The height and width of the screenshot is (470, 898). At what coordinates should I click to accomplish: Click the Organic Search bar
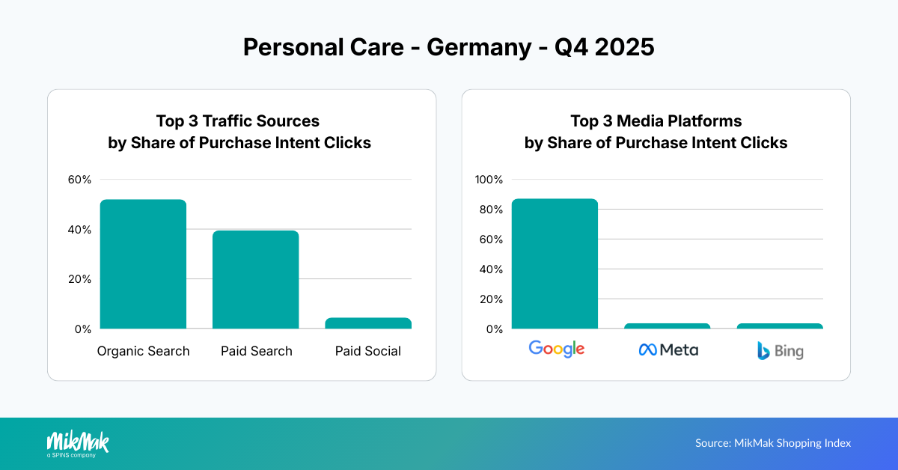(143, 264)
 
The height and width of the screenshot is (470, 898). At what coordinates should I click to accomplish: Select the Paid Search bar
(255, 280)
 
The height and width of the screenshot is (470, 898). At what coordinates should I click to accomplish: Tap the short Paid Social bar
(367, 323)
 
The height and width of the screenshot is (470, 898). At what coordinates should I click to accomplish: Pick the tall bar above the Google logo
(555, 263)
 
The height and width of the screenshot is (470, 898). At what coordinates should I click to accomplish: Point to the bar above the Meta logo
(667, 326)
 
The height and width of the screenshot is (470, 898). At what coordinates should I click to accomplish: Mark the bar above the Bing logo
(779, 326)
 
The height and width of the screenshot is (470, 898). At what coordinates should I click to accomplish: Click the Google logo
(556, 348)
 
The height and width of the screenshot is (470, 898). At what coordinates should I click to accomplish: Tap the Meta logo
(668, 350)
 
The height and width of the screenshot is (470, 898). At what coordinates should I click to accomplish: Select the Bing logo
(779, 350)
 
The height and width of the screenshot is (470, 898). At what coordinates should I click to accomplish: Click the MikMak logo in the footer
(78, 443)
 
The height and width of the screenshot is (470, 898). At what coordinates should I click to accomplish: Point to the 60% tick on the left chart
(79, 180)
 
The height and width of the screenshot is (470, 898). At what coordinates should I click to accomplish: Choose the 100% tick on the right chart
(489, 180)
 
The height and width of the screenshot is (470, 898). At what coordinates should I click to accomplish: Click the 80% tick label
(492, 210)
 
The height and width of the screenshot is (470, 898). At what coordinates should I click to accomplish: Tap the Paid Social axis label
(367, 351)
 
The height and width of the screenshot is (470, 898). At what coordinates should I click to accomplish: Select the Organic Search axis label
(143, 351)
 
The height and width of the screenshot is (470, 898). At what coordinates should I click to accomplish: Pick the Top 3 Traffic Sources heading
(237, 120)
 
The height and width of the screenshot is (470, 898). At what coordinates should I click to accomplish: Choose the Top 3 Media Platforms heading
(656, 120)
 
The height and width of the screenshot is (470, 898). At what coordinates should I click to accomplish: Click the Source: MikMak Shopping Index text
(773, 443)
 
